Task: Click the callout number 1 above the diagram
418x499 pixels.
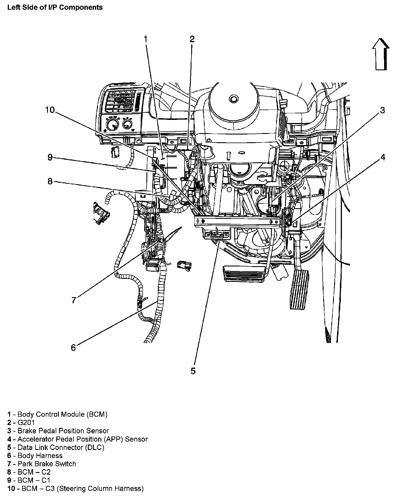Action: point(146,39)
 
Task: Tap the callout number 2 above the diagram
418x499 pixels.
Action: point(192,39)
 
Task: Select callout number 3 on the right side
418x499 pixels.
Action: point(382,110)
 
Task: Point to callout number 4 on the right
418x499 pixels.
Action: point(383,157)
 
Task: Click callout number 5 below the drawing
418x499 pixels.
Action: point(193,371)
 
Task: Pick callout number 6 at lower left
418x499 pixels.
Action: point(73,348)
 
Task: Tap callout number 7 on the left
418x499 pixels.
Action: point(74,300)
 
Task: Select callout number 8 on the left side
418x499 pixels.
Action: point(50,181)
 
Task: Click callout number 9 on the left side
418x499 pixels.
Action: point(50,157)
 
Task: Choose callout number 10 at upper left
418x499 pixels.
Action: point(50,110)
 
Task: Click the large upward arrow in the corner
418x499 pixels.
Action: point(381,54)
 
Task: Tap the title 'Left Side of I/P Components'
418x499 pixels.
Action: point(55,7)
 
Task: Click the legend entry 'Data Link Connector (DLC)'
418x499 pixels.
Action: point(61,447)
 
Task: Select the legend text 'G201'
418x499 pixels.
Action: point(26,422)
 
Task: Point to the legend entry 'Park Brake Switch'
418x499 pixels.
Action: point(47,464)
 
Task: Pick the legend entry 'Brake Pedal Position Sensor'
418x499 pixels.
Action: point(63,431)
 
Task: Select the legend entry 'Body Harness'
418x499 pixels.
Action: point(40,455)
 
